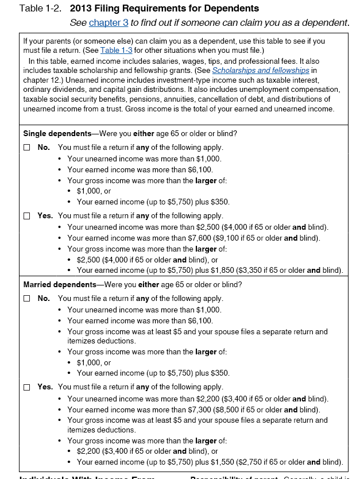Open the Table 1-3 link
click(116, 51)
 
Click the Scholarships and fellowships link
click(260, 70)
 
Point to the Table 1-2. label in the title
click(42, 9)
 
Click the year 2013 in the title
click(82, 9)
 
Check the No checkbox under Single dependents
click(26, 148)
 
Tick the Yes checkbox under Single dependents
click(26, 216)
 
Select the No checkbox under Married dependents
click(26, 299)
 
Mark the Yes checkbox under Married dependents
click(26, 387)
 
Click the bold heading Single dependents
click(53, 134)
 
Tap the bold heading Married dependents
click(59, 285)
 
